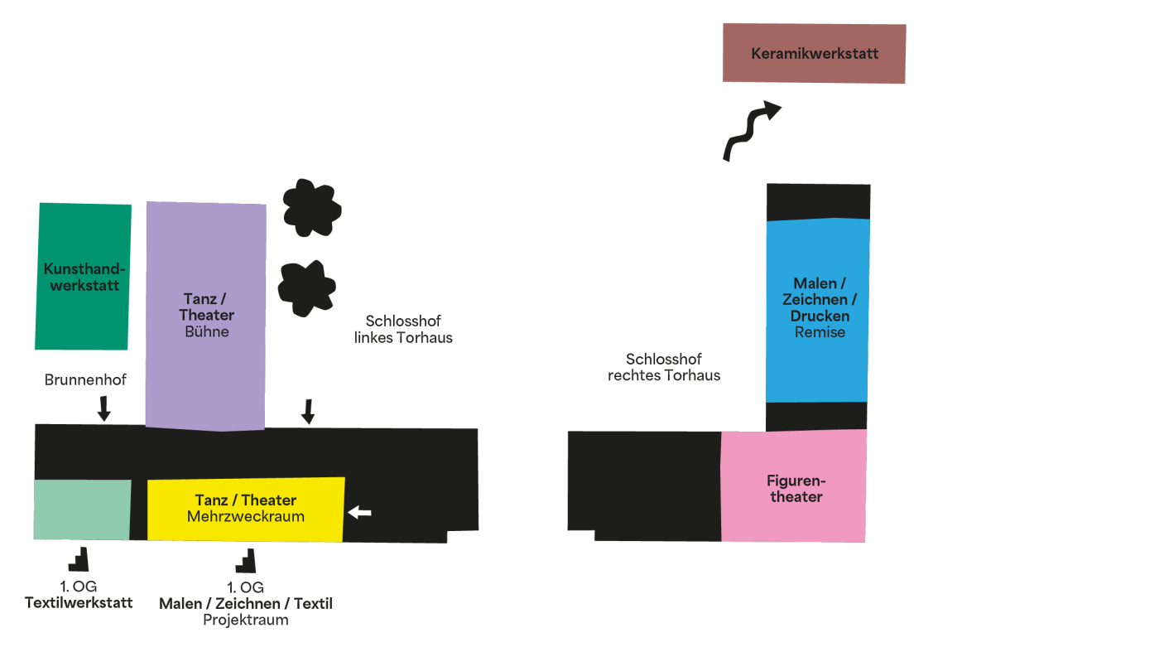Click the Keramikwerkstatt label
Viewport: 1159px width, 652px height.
pyautogui.click(x=815, y=53)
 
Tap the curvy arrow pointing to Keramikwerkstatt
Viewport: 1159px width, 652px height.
pyautogui.click(x=751, y=132)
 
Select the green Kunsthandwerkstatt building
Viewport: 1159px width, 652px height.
pyautogui.click(x=84, y=277)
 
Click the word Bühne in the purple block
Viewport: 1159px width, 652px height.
pyautogui.click(x=207, y=331)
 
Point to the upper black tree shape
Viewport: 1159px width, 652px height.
pyautogui.click(x=311, y=208)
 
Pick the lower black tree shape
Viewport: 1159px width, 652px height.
pyautogui.click(x=307, y=288)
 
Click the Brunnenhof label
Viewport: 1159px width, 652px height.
pyautogui.click(x=85, y=379)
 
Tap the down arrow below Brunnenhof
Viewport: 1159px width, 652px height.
pyautogui.click(x=104, y=408)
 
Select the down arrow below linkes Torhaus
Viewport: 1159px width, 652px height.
pyautogui.click(x=308, y=412)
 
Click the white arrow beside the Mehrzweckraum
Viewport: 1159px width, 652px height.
pyautogui.click(x=359, y=513)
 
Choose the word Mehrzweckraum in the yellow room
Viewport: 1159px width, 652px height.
pyautogui.click(x=246, y=516)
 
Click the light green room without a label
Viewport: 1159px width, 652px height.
pyautogui.click(x=82, y=510)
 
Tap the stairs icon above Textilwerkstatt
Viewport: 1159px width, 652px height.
pyautogui.click(x=79, y=559)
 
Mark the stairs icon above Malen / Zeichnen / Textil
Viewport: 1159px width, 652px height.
pyautogui.click(x=246, y=561)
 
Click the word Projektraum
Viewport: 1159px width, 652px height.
pyautogui.click(x=246, y=620)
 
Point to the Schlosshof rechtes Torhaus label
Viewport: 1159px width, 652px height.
pyautogui.click(x=664, y=367)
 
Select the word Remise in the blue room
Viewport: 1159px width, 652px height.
pyautogui.click(x=820, y=332)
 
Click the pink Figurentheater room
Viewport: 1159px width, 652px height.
pyautogui.click(x=793, y=486)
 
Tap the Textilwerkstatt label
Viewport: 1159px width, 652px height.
pyautogui.click(x=79, y=603)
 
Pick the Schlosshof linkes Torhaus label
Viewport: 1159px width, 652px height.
pyautogui.click(x=403, y=330)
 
